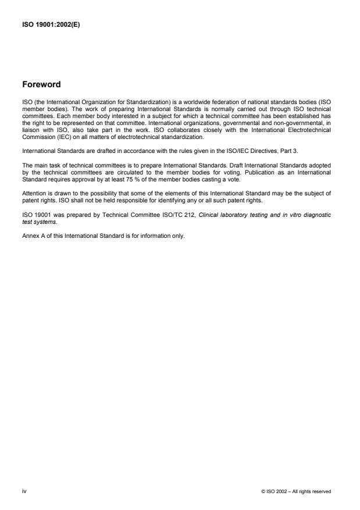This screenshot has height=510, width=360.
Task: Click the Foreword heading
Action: click(41, 84)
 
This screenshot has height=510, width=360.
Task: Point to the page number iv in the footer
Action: click(24, 491)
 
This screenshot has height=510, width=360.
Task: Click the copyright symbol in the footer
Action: click(263, 491)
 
